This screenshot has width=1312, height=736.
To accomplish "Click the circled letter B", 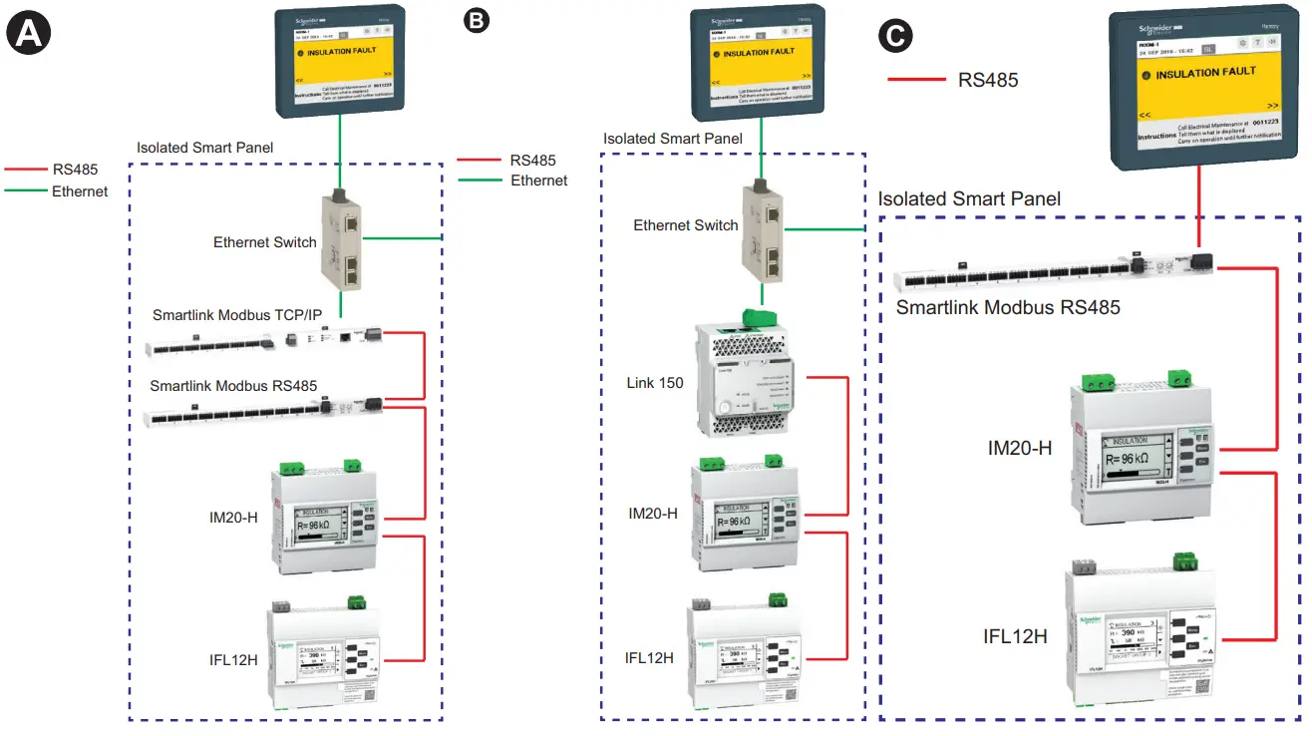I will (x=478, y=19).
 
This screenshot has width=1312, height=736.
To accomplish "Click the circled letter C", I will (x=894, y=37).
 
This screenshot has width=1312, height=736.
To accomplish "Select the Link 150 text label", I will (x=655, y=383).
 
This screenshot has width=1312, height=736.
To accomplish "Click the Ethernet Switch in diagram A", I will (x=342, y=239).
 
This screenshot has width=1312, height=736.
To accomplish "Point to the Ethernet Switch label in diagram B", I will (x=686, y=225).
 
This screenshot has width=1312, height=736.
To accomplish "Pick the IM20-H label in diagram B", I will (x=653, y=514).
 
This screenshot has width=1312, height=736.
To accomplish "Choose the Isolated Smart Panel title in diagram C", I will (x=969, y=198).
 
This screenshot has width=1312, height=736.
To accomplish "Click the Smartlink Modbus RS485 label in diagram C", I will (x=1008, y=307).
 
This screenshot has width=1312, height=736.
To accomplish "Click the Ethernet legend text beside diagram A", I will (x=80, y=191).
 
